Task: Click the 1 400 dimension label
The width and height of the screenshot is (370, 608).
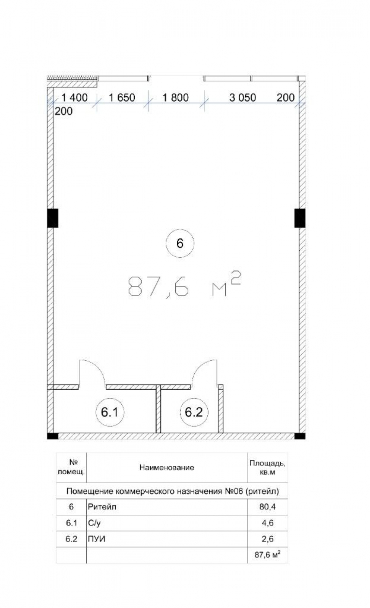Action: click(x=75, y=98)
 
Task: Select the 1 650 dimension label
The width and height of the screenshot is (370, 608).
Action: click(x=122, y=98)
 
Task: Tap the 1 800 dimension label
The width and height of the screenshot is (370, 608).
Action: click(x=175, y=98)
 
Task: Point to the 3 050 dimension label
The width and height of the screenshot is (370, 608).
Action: click(x=242, y=98)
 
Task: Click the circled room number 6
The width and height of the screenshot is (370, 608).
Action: click(x=180, y=243)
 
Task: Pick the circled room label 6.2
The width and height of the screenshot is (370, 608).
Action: click(x=194, y=412)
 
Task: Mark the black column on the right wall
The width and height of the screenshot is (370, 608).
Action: click(x=300, y=218)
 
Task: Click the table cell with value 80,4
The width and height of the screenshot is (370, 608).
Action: click(x=268, y=507)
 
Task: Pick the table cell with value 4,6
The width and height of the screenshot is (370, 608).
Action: click(x=268, y=522)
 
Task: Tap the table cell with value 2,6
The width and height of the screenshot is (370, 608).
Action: click(x=268, y=539)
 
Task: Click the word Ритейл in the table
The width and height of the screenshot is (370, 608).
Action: click(x=102, y=507)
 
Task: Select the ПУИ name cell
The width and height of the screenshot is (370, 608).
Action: click(x=167, y=539)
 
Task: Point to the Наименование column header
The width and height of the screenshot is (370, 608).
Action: click(x=167, y=467)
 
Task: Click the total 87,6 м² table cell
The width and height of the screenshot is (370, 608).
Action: click(x=268, y=555)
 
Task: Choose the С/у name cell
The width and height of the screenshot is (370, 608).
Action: click(x=167, y=522)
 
